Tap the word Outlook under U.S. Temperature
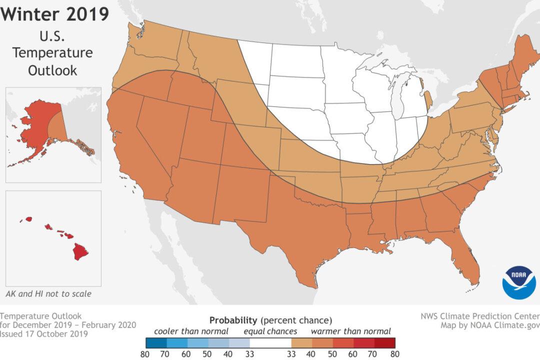click(x=52, y=70)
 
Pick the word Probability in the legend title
click(x=232, y=319)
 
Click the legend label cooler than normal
click(x=191, y=331)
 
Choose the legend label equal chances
click(x=270, y=331)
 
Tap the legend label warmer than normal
click(x=350, y=331)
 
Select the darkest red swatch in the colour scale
click(x=385, y=342)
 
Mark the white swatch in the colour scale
click(x=270, y=342)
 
